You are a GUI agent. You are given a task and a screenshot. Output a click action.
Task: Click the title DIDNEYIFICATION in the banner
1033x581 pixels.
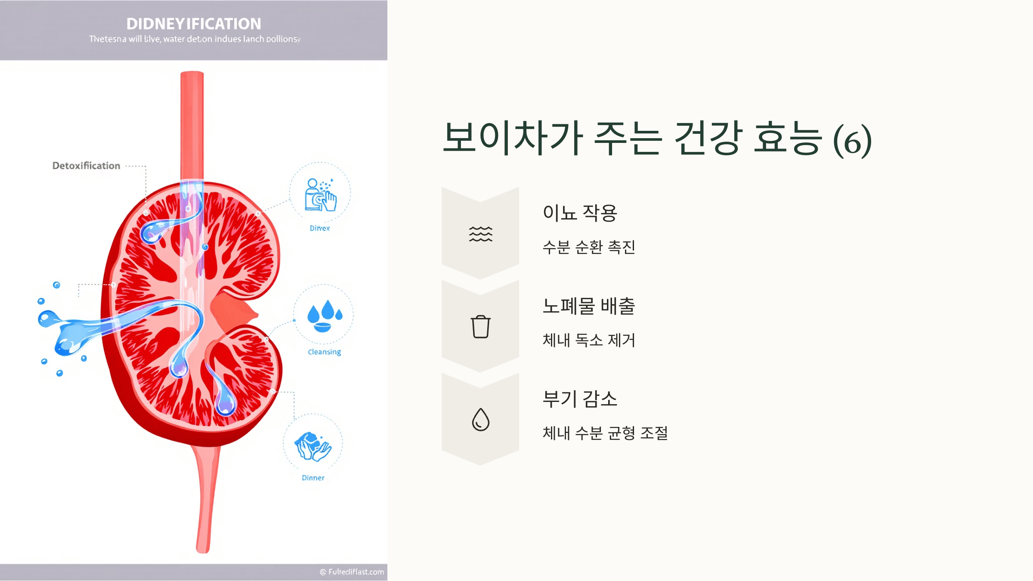click(194, 24)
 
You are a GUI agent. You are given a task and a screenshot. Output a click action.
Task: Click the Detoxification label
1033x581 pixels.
click(86, 166)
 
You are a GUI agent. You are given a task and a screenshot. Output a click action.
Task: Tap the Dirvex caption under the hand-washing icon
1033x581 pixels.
click(320, 228)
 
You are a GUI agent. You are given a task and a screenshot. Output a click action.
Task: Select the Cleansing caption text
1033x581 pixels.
click(324, 352)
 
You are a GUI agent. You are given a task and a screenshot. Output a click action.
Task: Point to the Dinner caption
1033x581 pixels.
click(313, 478)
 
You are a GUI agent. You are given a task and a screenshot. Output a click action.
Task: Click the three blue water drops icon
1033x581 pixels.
click(324, 315)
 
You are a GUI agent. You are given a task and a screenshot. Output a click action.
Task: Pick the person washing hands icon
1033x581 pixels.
click(320, 195)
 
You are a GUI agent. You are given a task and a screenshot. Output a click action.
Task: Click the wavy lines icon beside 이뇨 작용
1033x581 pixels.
click(480, 234)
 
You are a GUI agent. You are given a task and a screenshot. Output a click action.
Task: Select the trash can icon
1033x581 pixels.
click(480, 327)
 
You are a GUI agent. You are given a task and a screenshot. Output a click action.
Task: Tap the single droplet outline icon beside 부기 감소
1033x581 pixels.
click(480, 420)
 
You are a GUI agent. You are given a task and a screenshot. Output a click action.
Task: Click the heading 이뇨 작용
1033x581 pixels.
click(580, 213)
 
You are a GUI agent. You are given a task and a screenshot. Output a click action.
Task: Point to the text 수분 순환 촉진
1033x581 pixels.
click(589, 247)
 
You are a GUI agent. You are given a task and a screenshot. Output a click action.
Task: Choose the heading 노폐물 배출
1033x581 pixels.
click(589, 306)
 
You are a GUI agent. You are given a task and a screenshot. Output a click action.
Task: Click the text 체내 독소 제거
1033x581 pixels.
click(589, 340)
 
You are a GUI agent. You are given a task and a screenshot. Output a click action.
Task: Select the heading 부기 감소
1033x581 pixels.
click(580, 399)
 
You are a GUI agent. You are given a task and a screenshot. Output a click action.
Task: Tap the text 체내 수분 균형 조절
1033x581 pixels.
click(605, 433)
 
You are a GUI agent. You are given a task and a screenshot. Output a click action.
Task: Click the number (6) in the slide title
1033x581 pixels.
click(852, 141)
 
